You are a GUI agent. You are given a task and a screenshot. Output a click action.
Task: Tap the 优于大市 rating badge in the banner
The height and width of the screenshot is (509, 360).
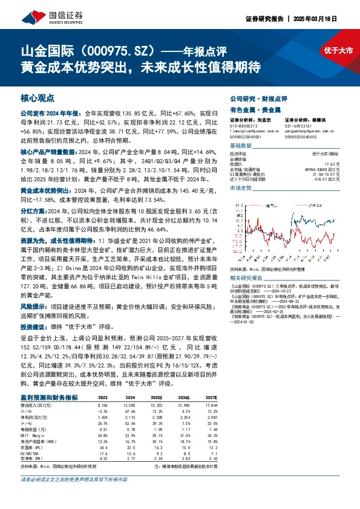tap(338, 51)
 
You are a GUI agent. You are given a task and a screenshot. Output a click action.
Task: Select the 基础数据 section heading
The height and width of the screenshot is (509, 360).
tap(240, 148)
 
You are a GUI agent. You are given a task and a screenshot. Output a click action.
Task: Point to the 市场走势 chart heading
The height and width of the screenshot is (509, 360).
tap(240, 189)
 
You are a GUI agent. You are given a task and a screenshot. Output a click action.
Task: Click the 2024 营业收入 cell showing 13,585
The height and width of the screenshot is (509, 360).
tap(129, 404)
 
